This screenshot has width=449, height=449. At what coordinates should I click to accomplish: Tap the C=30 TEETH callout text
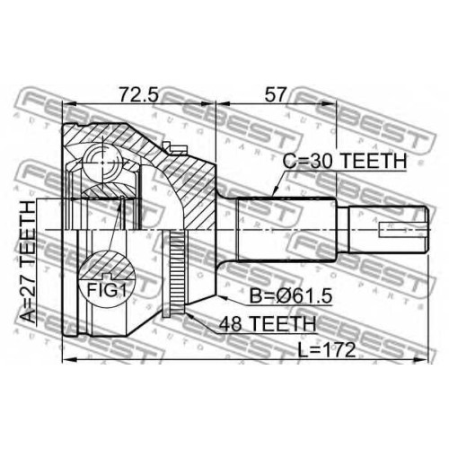point(345,161)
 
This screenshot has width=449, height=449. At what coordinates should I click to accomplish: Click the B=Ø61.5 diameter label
point(291,296)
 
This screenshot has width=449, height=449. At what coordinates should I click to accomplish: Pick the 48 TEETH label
point(268,324)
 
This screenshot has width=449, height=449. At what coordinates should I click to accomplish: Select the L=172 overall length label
point(327,350)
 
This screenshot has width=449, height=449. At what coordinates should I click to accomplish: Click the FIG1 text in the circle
point(106,290)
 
